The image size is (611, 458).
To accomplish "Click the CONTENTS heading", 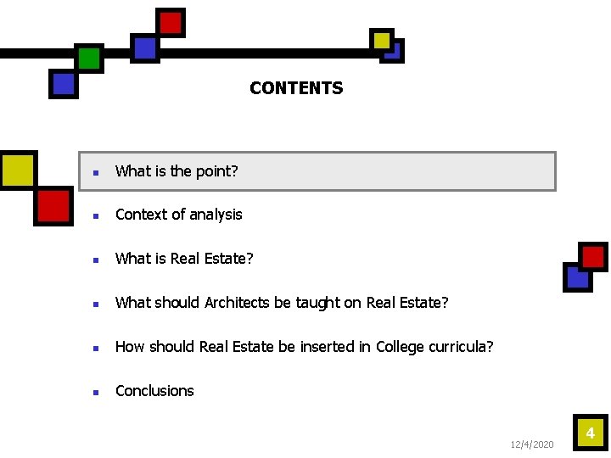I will coord(296,88).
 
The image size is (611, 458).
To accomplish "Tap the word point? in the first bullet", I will coord(216,171).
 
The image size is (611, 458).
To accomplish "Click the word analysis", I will coord(216,215).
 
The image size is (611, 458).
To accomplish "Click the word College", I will coord(403,347).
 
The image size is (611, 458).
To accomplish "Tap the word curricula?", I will coord(464,347).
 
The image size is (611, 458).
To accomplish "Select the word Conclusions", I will coord(154,391).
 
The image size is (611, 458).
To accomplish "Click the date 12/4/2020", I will coord(532,444).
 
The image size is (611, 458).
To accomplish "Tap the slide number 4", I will coord(591,434).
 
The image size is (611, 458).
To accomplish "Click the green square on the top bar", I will coord(88,58).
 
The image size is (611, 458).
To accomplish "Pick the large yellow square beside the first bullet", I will coord(18,170).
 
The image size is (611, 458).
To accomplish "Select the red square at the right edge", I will coord(593,257).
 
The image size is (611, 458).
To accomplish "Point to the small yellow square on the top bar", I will coord(382,40).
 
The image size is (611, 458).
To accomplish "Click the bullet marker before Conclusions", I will coord(97,392).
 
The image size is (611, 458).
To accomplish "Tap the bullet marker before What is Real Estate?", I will coord(97,260).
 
